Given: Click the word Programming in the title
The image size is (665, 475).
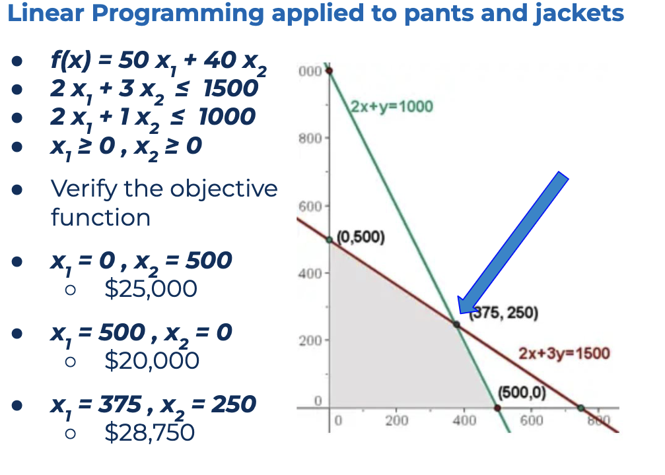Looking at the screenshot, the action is pyautogui.click(x=178, y=14).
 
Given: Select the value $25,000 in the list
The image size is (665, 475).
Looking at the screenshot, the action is pyautogui.click(x=151, y=289).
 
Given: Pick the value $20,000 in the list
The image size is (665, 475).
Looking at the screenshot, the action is pyautogui.click(x=151, y=361).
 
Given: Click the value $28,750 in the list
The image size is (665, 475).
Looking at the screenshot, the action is pyautogui.click(x=149, y=432).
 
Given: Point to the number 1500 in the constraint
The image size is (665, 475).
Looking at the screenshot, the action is pyautogui.click(x=230, y=88).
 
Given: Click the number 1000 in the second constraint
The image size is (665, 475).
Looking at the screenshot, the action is pyautogui.click(x=227, y=116).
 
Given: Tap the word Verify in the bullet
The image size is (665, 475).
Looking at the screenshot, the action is pyautogui.click(x=83, y=189).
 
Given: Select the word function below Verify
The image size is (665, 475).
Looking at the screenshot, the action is pyautogui.click(x=100, y=217).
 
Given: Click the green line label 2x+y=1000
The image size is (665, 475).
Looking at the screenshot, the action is pyautogui.click(x=392, y=106).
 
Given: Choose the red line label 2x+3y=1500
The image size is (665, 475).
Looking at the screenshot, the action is pyautogui.click(x=564, y=353).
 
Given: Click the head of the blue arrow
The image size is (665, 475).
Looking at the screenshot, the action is pyautogui.click(x=459, y=313).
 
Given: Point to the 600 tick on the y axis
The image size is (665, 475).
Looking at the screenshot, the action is pyautogui.click(x=310, y=206).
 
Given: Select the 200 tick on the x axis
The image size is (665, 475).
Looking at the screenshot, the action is pyautogui.click(x=396, y=421).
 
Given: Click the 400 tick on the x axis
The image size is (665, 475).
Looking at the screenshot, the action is pyautogui.click(x=464, y=421).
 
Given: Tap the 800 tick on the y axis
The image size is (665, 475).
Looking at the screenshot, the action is pyautogui.click(x=310, y=139).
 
